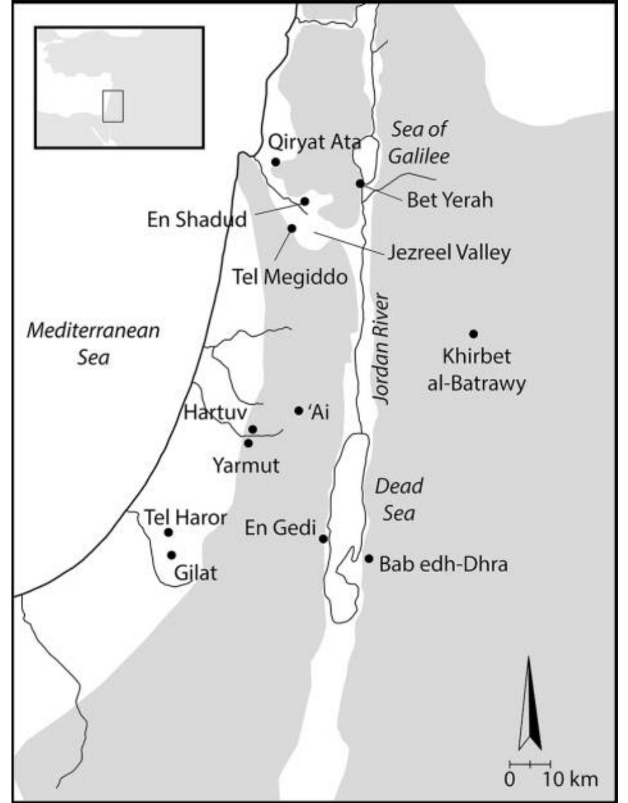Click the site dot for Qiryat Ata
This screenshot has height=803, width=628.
pos(275,162)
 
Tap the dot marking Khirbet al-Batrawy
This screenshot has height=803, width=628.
pos(473,334)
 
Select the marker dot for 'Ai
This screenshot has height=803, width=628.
pos(298,411)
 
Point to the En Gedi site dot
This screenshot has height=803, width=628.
pos(323,539)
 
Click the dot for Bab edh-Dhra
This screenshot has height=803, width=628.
pos(369,559)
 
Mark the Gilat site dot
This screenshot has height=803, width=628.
pos(172,555)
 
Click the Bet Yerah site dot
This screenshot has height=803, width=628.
pos(360,184)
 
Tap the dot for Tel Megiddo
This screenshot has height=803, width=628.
pos(292,228)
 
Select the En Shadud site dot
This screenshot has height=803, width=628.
pos(305,202)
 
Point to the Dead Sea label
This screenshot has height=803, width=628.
pos(399,499)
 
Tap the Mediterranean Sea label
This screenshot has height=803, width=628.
pos(94,343)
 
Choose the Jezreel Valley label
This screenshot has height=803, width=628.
pos(449,253)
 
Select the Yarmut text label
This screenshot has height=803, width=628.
pos(246,465)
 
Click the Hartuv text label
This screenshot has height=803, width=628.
pos(215,413)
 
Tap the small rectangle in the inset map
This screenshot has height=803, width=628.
pos(113,105)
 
